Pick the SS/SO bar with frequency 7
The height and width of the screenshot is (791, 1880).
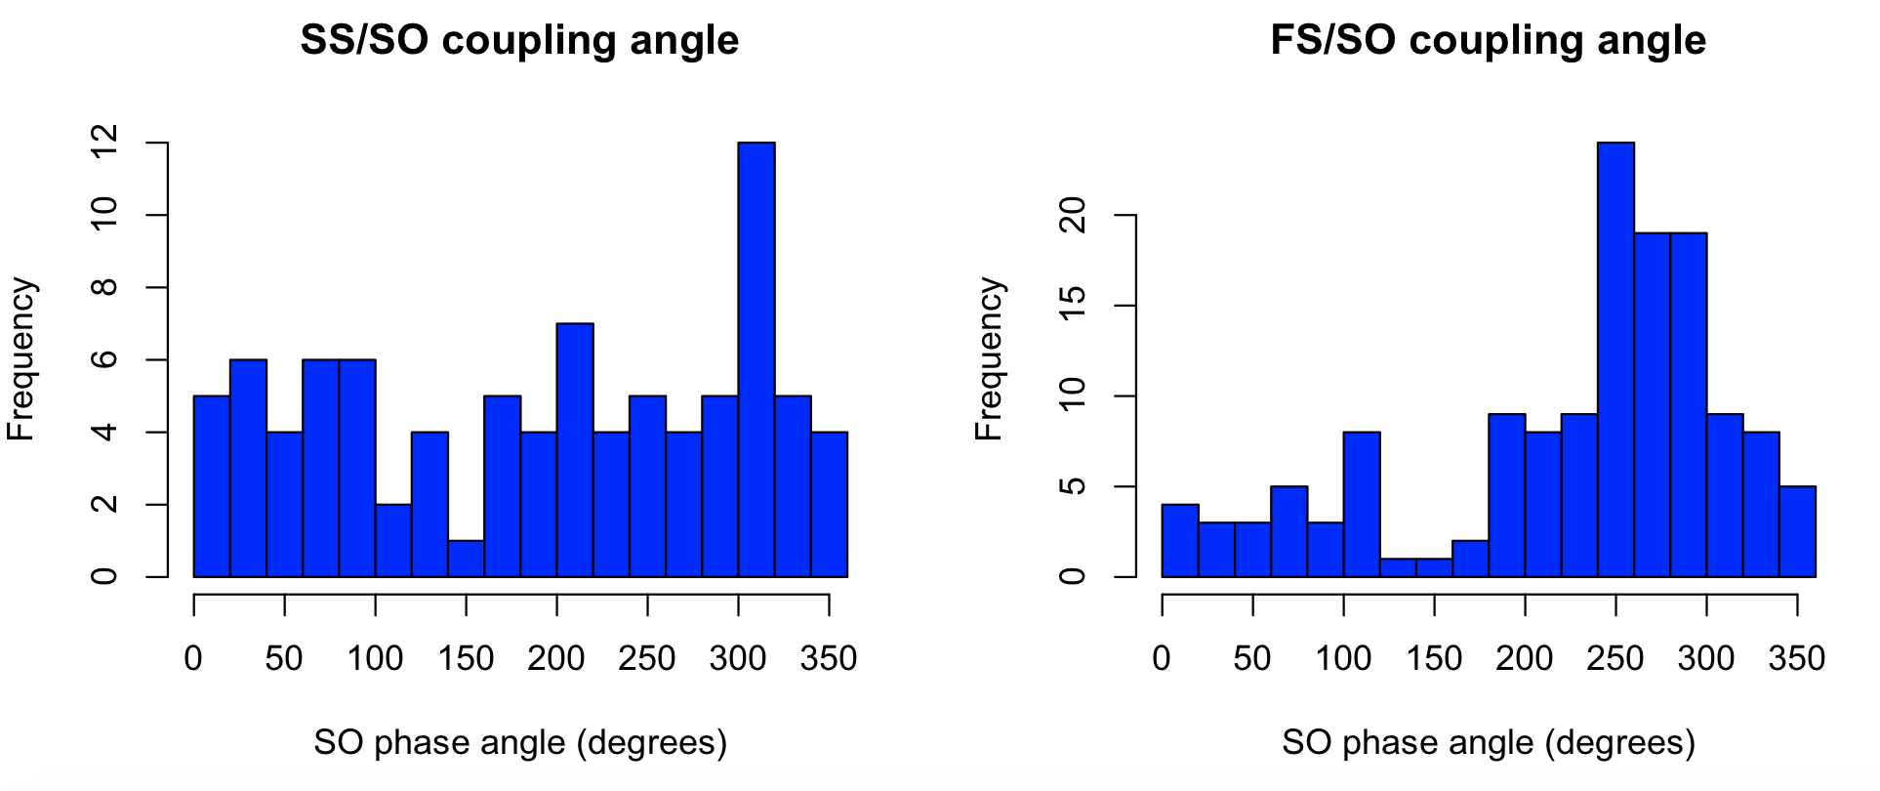click(575, 449)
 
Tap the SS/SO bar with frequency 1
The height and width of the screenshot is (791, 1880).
click(467, 559)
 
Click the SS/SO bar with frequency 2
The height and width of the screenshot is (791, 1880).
click(393, 540)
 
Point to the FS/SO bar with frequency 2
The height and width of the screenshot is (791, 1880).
click(1470, 559)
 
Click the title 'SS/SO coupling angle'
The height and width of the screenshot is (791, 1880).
click(519, 40)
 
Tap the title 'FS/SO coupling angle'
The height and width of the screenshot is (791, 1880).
click(1488, 40)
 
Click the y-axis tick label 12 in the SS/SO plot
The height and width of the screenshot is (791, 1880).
click(103, 143)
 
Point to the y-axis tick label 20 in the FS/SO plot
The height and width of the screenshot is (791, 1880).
click(1072, 215)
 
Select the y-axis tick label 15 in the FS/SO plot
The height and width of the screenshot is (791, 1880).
click(1072, 306)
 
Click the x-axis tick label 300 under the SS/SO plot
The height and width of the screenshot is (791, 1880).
click(738, 658)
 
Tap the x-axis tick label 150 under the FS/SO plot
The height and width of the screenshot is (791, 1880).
click(1434, 658)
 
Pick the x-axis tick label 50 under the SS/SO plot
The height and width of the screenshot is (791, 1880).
click(284, 658)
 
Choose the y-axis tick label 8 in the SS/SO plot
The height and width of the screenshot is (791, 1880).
click(103, 287)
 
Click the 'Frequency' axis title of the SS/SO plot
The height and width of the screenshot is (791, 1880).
click(21, 359)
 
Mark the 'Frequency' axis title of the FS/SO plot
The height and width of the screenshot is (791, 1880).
click(990, 359)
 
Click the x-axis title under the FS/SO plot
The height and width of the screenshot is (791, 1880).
click(1488, 743)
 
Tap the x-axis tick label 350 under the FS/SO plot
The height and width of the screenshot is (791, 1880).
click(1796, 658)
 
